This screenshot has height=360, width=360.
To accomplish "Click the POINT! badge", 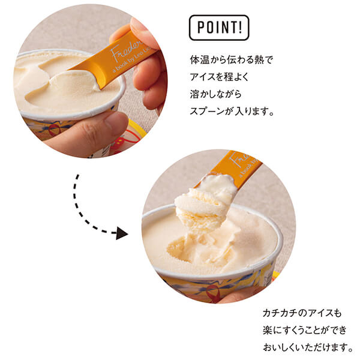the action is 219,28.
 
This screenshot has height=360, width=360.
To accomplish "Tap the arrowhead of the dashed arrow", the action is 122,233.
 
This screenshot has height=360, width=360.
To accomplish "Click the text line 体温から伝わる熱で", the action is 232,59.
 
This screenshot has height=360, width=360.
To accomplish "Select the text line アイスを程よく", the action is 219,77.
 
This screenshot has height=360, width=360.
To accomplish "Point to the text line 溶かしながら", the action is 215,94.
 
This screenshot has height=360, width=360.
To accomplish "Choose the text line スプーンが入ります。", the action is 232,111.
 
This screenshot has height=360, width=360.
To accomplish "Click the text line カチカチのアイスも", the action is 302,313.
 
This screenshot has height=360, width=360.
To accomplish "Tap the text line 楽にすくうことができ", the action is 305,330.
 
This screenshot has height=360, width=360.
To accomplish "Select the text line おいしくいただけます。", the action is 308,347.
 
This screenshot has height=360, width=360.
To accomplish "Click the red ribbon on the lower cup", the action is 212,293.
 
